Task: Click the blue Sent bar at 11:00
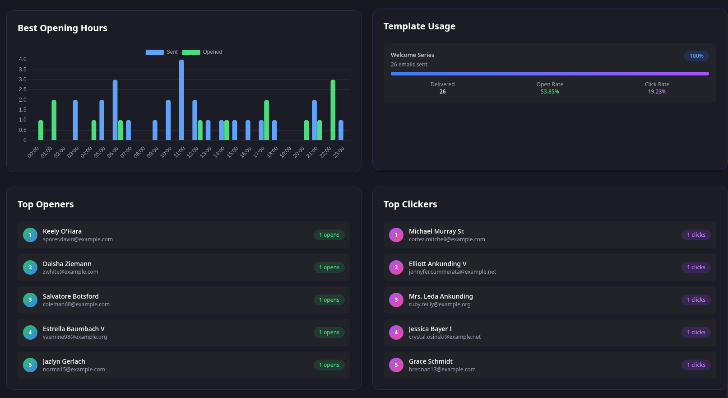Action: (x=181, y=100)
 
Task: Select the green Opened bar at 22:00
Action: (x=333, y=110)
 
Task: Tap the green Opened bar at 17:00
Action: (x=266, y=120)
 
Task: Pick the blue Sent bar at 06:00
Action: (x=115, y=110)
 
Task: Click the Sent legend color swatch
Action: (x=154, y=52)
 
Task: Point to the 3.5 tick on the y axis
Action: (x=23, y=70)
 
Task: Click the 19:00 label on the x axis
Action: (x=286, y=152)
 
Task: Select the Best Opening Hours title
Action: (x=62, y=28)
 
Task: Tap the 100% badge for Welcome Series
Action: (x=696, y=56)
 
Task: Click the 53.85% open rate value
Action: (x=550, y=92)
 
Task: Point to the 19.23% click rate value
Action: (x=657, y=92)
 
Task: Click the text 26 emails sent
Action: (x=409, y=65)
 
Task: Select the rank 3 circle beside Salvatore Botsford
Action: (x=30, y=300)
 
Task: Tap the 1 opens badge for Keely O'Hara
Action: (x=329, y=235)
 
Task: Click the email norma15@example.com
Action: (x=74, y=370)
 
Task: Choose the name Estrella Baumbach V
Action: (x=74, y=329)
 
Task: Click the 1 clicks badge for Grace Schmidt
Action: (x=696, y=365)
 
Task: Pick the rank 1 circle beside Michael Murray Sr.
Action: (x=396, y=235)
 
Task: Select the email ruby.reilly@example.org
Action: (x=440, y=304)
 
